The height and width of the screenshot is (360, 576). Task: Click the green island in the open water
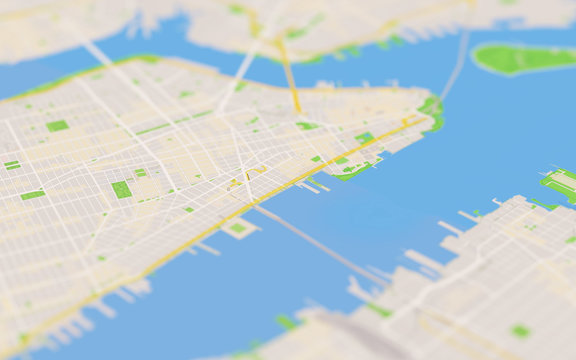coord(523,58)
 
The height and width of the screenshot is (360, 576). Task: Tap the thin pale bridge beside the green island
coord(456,66)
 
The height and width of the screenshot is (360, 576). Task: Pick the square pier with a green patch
coord(238,228)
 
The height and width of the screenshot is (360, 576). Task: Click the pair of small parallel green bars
coord(12,164)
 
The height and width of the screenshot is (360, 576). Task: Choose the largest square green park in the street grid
coord(121,189)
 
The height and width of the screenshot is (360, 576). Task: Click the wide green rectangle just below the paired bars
coord(32,195)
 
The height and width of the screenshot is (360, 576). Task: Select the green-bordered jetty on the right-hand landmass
coord(559,185)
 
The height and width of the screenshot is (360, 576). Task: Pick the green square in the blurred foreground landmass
coord(520,330)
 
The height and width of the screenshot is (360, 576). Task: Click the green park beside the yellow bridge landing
coord(306,126)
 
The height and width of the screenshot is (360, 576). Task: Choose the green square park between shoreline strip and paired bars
coord(57,125)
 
